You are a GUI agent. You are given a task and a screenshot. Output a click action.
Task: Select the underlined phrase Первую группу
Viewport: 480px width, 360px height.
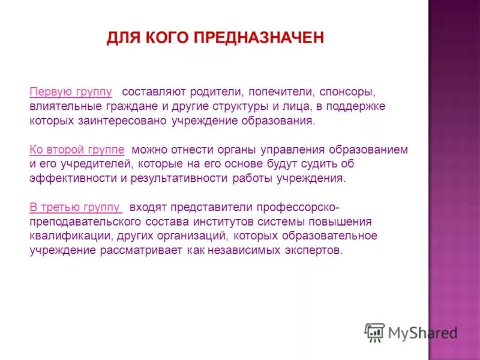[71, 92]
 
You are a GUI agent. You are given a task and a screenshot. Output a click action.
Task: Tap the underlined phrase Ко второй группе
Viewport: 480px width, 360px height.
[77, 149]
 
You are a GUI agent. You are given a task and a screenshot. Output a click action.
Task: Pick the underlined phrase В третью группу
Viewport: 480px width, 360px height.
[76, 207]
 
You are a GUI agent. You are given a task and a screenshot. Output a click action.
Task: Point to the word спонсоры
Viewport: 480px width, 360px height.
[347, 92]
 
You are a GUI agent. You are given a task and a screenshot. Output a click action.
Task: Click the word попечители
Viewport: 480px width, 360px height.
[281, 92]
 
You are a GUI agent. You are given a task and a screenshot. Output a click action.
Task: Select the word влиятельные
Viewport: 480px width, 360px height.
[66, 107]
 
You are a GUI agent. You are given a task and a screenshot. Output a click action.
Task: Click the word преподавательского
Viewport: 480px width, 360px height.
[83, 221]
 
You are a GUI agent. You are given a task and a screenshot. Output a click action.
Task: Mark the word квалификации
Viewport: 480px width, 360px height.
[65, 235]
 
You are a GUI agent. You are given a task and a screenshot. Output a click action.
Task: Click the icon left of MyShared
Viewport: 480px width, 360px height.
[374, 332]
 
